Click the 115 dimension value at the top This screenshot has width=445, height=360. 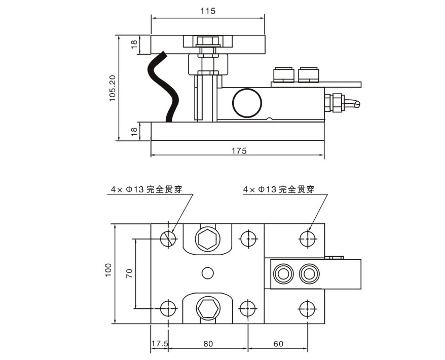tap(208, 11)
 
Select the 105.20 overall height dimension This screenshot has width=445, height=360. tap(113, 88)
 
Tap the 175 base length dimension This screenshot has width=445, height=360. tap(239, 150)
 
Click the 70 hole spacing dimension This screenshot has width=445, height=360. tap(129, 274)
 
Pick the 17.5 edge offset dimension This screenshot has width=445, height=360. tap(160, 344)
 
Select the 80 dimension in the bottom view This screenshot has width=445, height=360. tap(207, 344)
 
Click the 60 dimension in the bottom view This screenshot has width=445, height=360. tap(278, 344)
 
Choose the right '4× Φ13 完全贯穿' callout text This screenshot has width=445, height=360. tap(278, 189)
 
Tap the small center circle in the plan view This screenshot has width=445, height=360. tap(207, 273)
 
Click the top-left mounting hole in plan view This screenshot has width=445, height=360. tap(168, 237)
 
